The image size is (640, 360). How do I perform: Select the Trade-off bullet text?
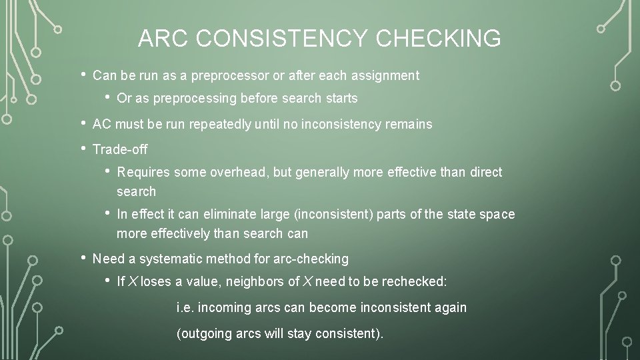(120, 149)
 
